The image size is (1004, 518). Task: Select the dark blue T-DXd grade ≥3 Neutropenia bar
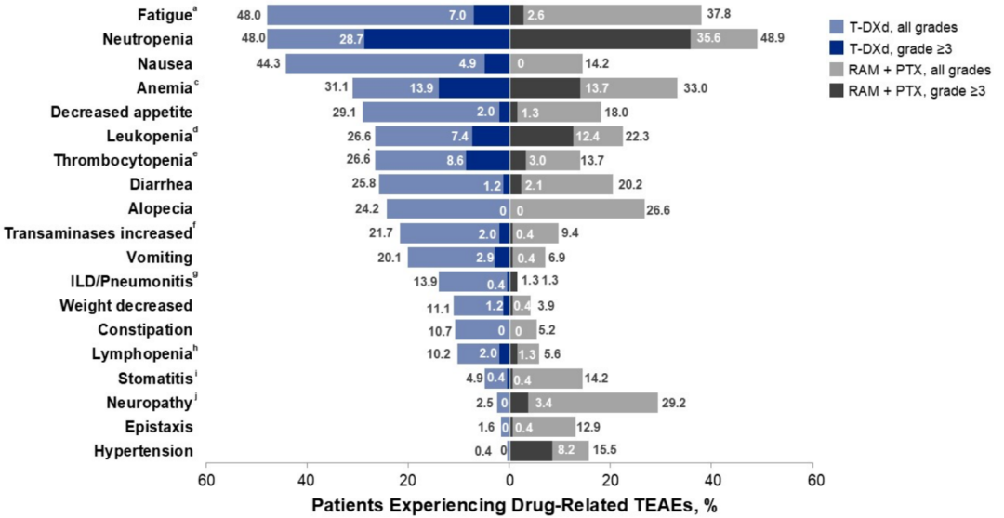point(437,39)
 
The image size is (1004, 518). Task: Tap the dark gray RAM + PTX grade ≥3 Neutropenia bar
point(600,39)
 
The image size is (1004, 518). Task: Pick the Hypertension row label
point(143,451)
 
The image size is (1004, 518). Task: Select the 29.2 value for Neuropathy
point(673,403)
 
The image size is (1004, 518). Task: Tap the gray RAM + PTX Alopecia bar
point(576,208)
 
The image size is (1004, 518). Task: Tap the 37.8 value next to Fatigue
point(717,15)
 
